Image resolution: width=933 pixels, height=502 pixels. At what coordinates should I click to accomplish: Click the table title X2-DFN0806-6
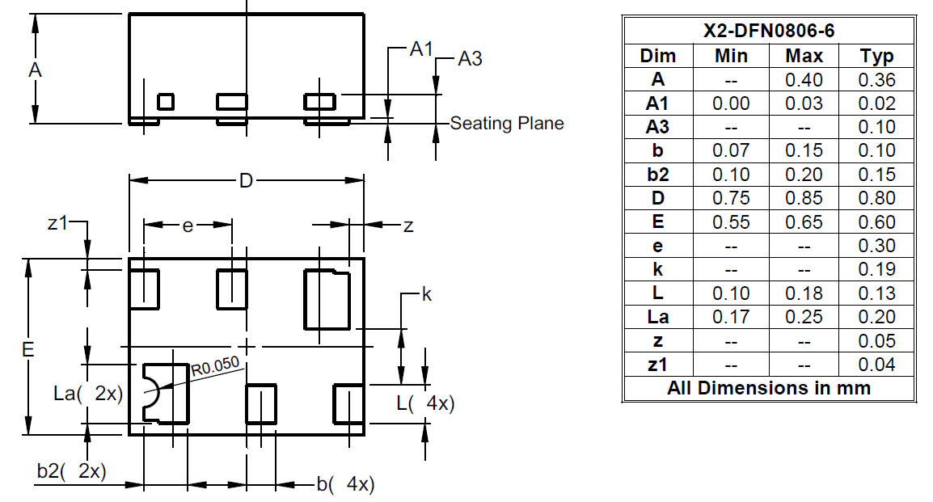click(769, 31)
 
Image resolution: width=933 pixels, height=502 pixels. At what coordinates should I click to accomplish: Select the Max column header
click(804, 56)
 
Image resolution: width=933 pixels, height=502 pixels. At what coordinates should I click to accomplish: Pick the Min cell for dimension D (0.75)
click(731, 198)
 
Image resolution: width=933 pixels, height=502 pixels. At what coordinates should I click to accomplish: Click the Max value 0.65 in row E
click(804, 221)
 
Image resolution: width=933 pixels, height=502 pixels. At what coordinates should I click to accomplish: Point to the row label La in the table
click(657, 317)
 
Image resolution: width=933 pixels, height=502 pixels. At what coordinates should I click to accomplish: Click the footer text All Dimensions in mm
click(769, 388)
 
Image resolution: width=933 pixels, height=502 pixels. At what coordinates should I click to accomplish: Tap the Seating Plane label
click(506, 124)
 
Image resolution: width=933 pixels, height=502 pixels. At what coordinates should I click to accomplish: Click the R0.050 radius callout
click(215, 367)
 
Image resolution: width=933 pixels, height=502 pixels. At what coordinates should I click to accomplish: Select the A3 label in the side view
click(470, 58)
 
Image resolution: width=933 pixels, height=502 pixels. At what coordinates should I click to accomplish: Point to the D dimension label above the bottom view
click(246, 181)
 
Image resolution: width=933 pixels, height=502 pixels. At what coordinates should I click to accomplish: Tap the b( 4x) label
click(344, 484)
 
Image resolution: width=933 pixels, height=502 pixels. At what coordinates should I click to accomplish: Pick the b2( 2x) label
click(71, 471)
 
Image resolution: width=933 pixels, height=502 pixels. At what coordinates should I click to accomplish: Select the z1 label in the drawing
click(57, 224)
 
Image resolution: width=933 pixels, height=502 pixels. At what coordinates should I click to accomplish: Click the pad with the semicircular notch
click(166, 394)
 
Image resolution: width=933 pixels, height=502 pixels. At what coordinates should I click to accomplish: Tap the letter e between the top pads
click(187, 226)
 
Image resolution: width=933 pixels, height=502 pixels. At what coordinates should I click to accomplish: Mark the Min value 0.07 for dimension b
click(731, 150)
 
